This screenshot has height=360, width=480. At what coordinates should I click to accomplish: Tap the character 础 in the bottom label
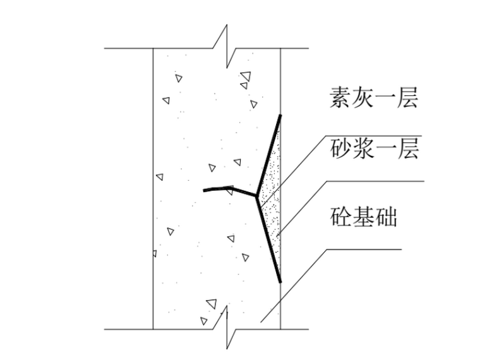click(x=385, y=219)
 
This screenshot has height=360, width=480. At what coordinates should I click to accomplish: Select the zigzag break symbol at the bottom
click(x=227, y=328)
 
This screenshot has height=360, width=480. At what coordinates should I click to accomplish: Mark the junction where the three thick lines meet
click(x=256, y=196)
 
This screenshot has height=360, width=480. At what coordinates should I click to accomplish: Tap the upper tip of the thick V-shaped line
click(x=281, y=116)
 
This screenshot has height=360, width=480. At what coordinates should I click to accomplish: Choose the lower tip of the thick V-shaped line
click(x=280, y=282)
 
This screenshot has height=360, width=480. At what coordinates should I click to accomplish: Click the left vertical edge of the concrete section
click(x=153, y=189)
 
